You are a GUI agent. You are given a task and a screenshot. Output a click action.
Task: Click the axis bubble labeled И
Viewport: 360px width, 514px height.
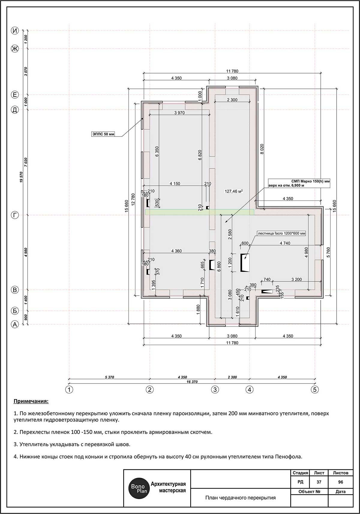15,31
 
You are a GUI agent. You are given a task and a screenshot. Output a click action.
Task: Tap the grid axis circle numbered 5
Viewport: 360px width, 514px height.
315,389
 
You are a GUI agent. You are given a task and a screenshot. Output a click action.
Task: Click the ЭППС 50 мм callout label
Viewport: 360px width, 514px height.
103,134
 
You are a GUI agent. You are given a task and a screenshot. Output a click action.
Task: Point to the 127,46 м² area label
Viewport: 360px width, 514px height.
234,191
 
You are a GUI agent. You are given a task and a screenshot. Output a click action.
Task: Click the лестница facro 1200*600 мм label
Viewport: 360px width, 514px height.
281,233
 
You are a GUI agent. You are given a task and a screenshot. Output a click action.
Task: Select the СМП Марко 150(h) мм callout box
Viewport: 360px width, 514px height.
299,183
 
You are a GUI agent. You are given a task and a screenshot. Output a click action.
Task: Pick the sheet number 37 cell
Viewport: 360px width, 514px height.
319,482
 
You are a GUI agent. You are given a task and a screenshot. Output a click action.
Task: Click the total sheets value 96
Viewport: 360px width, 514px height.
340,482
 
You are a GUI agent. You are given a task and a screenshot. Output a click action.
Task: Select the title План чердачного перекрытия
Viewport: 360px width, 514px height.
241,497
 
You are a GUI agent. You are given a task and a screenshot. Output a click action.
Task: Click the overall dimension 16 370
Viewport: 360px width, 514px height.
192,382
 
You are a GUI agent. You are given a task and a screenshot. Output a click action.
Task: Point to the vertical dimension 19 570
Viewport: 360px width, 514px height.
21,177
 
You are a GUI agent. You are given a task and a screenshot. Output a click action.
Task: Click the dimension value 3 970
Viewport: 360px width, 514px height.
179,113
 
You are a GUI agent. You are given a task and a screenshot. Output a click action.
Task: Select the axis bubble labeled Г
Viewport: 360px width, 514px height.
15,215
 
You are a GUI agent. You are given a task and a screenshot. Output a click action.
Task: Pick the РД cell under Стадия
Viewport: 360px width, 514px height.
300,482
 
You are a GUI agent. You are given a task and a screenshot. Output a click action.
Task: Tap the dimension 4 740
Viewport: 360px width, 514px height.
285,243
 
